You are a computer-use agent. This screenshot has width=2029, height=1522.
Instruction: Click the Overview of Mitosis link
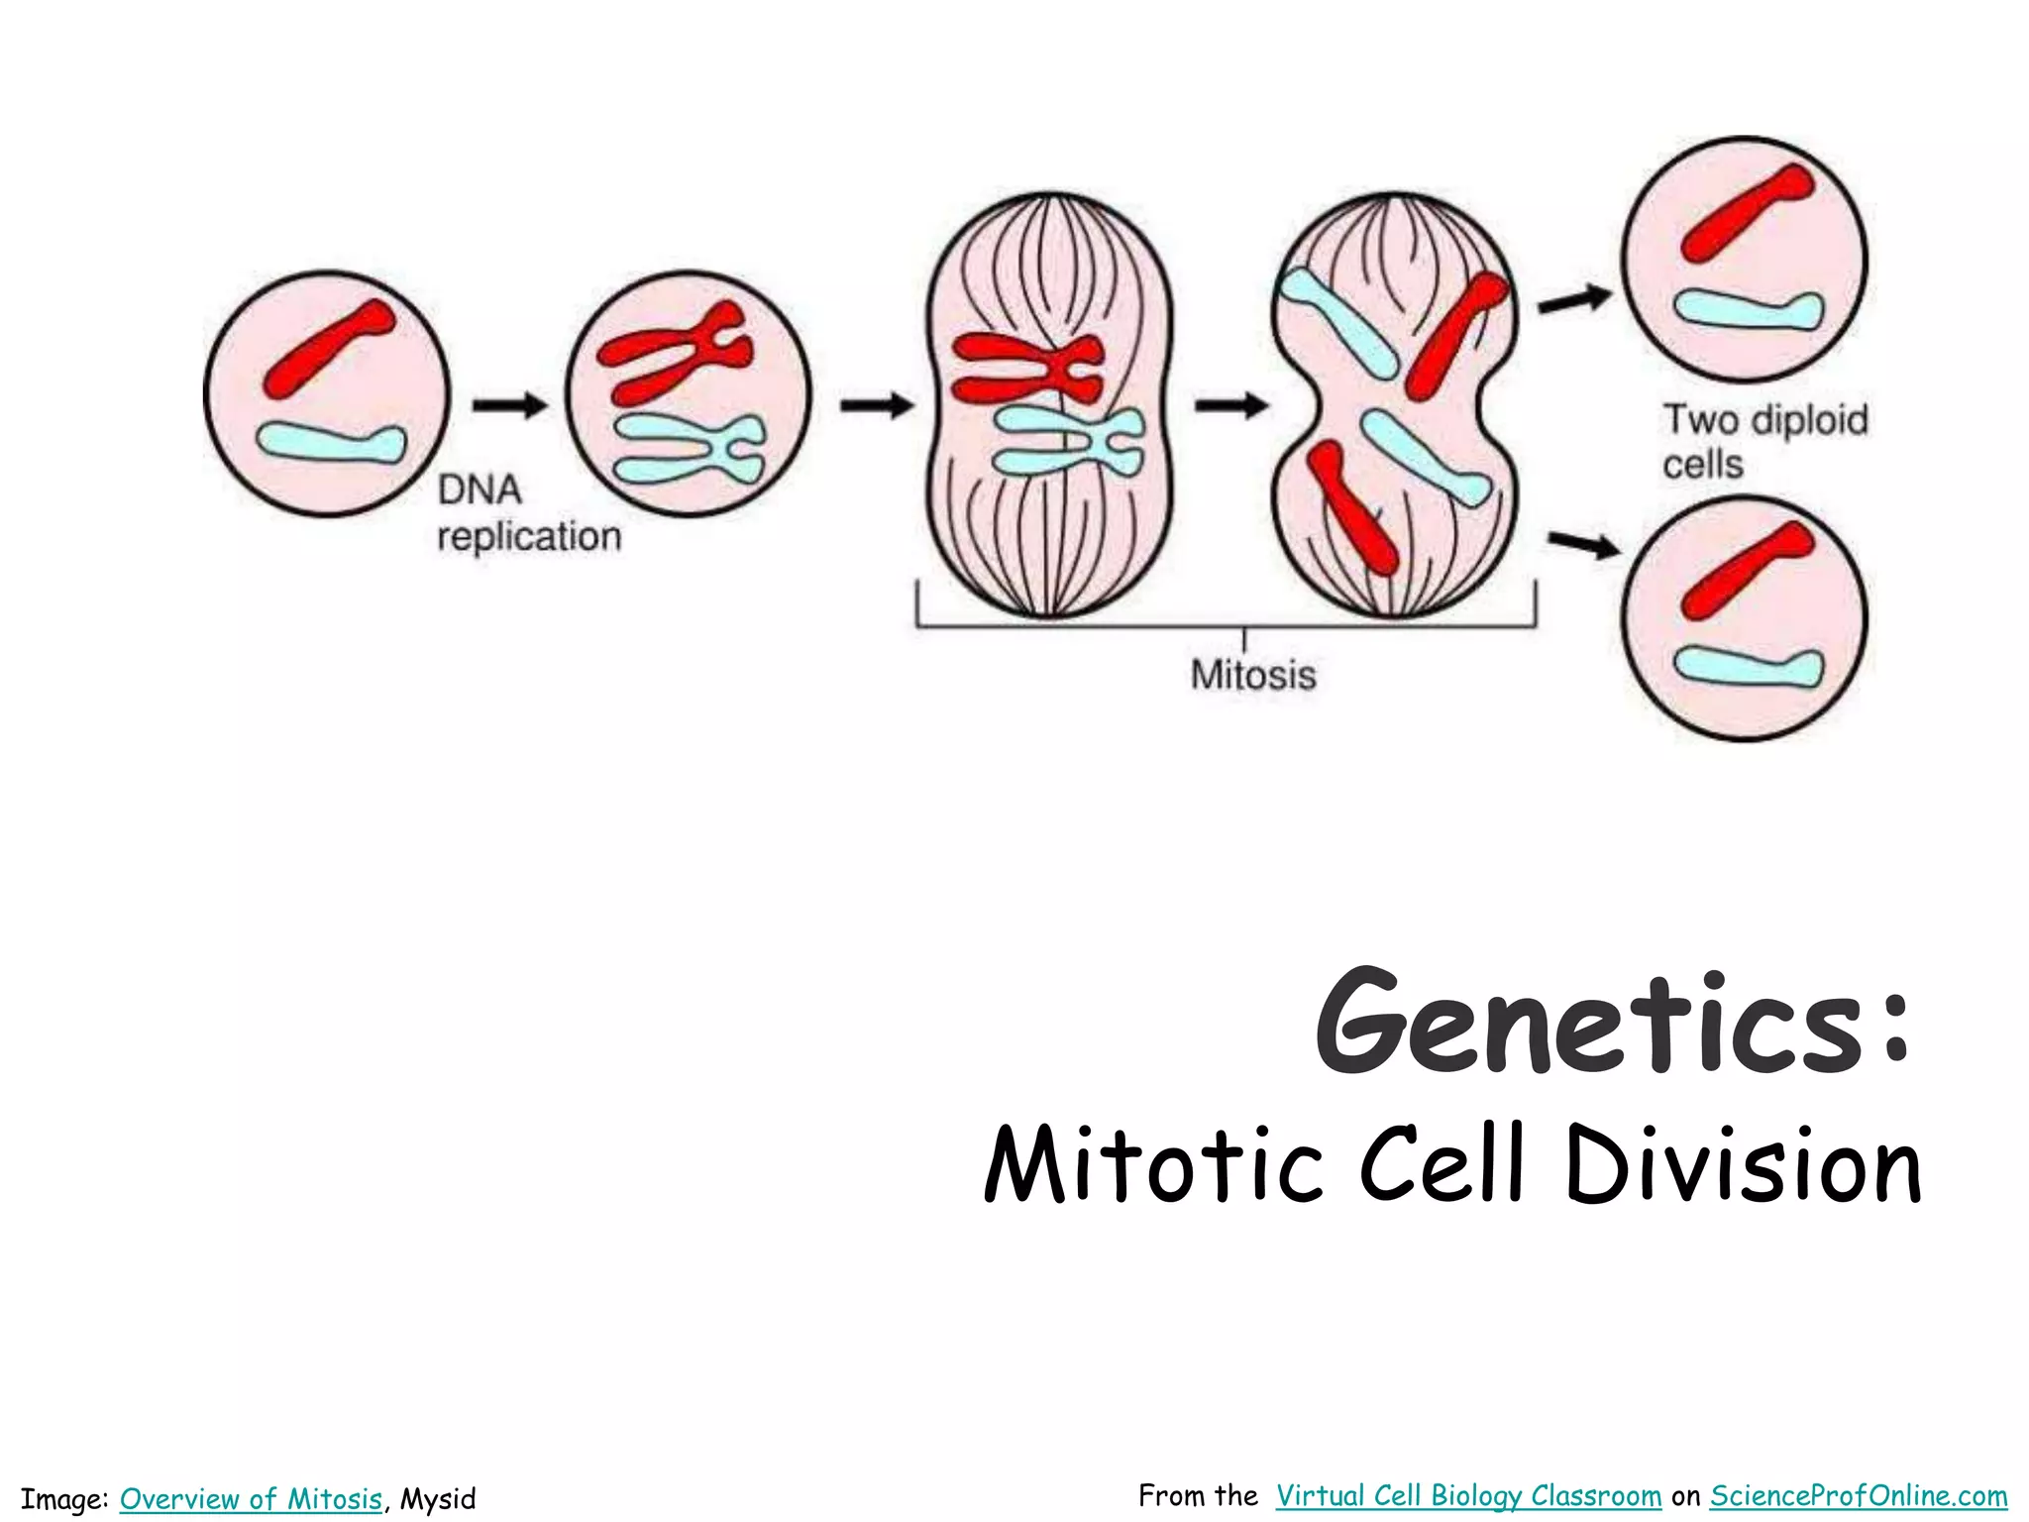pos(251,1498)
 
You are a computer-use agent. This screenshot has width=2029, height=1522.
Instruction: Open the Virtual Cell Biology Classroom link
pos(1468,1495)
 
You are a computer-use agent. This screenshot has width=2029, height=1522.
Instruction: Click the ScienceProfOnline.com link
pos(1859,1495)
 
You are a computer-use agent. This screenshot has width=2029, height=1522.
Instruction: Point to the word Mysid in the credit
pos(438,1498)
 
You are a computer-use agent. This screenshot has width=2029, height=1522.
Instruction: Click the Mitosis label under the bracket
pos(1253,675)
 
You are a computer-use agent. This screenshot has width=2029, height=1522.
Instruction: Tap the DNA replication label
pos(529,513)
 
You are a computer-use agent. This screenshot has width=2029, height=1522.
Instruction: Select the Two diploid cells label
pos(1764,441)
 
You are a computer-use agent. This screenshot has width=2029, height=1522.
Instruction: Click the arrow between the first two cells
pos(509,404)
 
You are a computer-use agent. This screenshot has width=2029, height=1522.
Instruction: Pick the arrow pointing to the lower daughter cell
pos(1583,544)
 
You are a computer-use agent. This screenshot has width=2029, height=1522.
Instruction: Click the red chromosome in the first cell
pos(329,349)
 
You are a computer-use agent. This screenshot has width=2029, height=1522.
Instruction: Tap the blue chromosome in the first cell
pos(332,441)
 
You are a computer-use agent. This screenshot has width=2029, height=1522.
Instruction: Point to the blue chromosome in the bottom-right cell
pos(1748,665)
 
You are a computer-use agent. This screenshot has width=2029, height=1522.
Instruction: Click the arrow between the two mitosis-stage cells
pos(1230,404)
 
